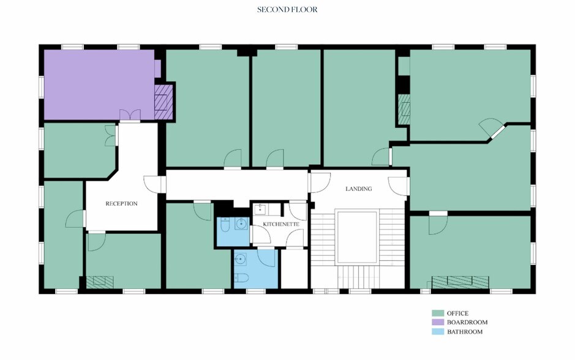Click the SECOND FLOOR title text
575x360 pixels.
[287, 10]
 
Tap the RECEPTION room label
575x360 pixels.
[121, 203]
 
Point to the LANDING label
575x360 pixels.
[358, 189]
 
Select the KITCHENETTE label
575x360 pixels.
[281, 225]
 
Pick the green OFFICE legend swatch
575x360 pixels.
[437, 313]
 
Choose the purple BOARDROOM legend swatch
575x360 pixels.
[437, 322]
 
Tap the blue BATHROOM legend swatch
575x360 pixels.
[437, 332]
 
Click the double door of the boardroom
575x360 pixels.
[129, 115]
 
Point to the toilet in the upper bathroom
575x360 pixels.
[225, 227]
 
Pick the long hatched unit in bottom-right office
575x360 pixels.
[460, 282]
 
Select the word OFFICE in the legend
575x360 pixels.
[457, 313]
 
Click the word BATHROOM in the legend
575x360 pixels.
[464, 332]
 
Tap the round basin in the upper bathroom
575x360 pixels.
[243, 224]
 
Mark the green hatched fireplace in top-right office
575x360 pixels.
[404, 108]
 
